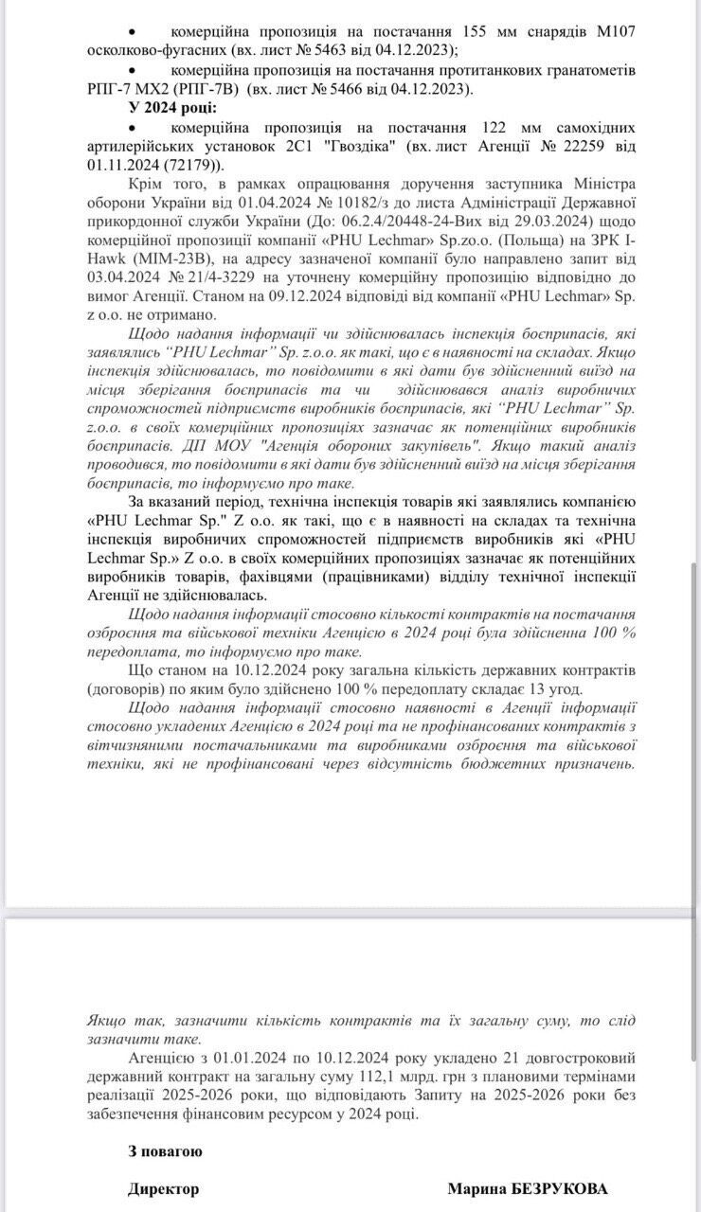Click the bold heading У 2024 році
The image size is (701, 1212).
click(x=172, y=108)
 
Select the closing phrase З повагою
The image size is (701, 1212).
click(x=165, y=1151)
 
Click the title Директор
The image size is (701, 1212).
click(x=164, y=1189)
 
